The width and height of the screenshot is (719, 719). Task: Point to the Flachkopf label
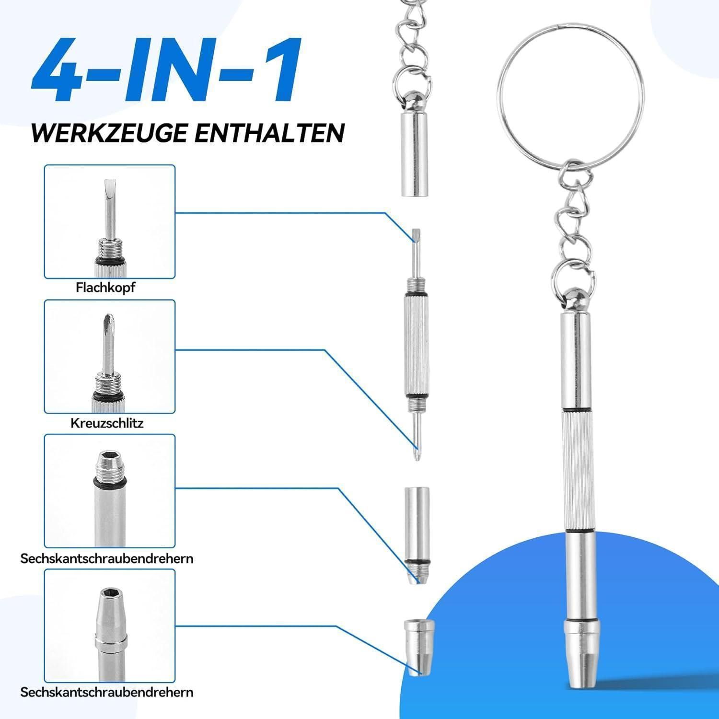pos(105,288)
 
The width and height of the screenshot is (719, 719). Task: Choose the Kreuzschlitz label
pos(107,423)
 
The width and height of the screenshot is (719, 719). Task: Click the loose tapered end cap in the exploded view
pos(419,647)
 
